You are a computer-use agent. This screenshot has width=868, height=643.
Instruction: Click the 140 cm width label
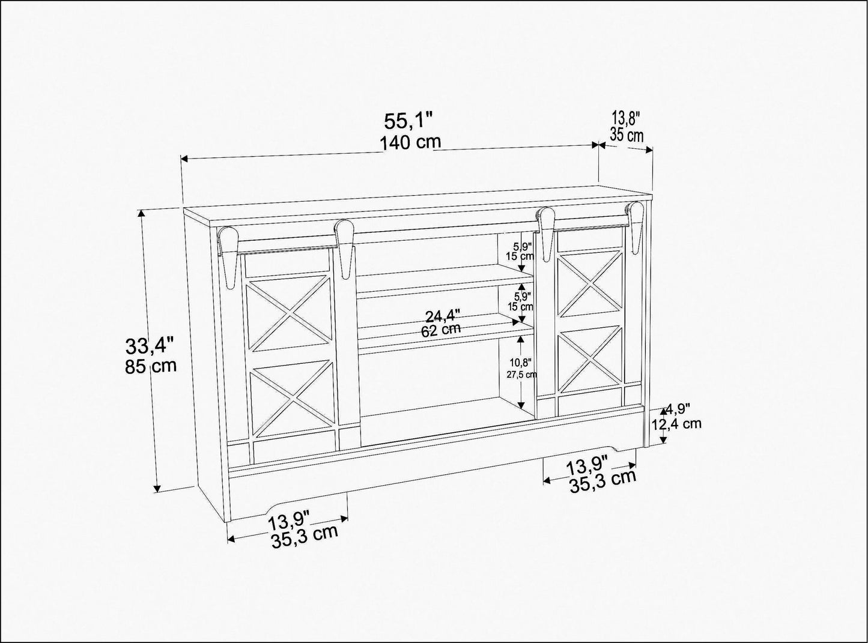tap(410, 142)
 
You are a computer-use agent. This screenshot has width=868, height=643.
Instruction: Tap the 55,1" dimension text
tap(408, 121)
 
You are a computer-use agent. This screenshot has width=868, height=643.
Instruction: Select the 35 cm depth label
tap(627, 135)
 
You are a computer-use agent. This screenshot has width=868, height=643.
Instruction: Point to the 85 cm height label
tap(151, 366)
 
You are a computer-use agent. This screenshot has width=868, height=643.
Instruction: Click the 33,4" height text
tap(149, 346)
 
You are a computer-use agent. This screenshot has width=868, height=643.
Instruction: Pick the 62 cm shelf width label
tap(441, 330)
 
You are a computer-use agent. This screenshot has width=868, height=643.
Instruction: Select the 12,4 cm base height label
tap(676, 424)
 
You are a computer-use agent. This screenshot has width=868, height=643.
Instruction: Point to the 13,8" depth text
tap(626, 117)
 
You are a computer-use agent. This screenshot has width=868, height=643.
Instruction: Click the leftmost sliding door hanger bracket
tap(229, 258)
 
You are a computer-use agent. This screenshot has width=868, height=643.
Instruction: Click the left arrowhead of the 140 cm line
tap(184, 159)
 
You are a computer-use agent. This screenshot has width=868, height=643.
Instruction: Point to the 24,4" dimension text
tap(443, 316)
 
